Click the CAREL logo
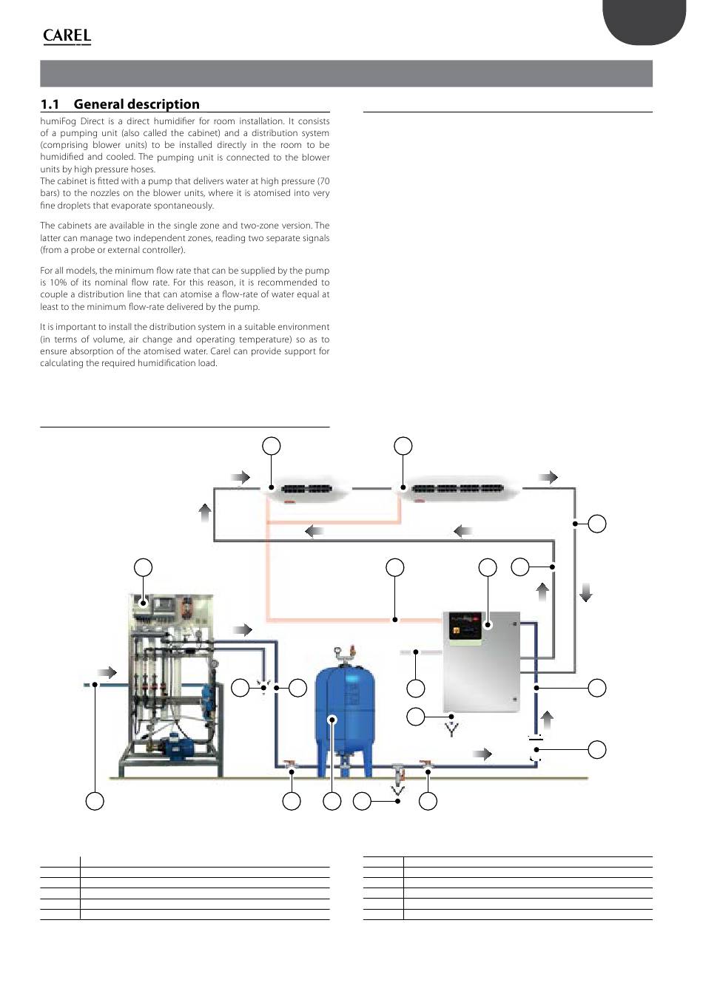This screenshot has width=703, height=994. [67, 35]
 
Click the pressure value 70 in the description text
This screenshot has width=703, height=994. [323, 181]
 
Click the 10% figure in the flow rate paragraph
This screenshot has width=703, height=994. [55, 283]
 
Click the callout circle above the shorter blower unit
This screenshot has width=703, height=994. [272, 445]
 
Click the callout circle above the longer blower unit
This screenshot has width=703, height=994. [403, 445]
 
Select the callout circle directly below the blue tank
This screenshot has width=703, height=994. [332, 800]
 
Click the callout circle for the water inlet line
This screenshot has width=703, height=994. [94, 800]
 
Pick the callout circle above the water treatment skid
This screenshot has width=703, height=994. [144, 567]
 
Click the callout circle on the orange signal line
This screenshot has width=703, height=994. [395, 567]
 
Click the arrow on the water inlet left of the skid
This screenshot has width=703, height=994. [107, 672]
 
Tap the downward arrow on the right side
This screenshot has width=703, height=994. [586, 592]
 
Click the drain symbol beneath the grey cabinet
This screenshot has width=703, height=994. [451, 730]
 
